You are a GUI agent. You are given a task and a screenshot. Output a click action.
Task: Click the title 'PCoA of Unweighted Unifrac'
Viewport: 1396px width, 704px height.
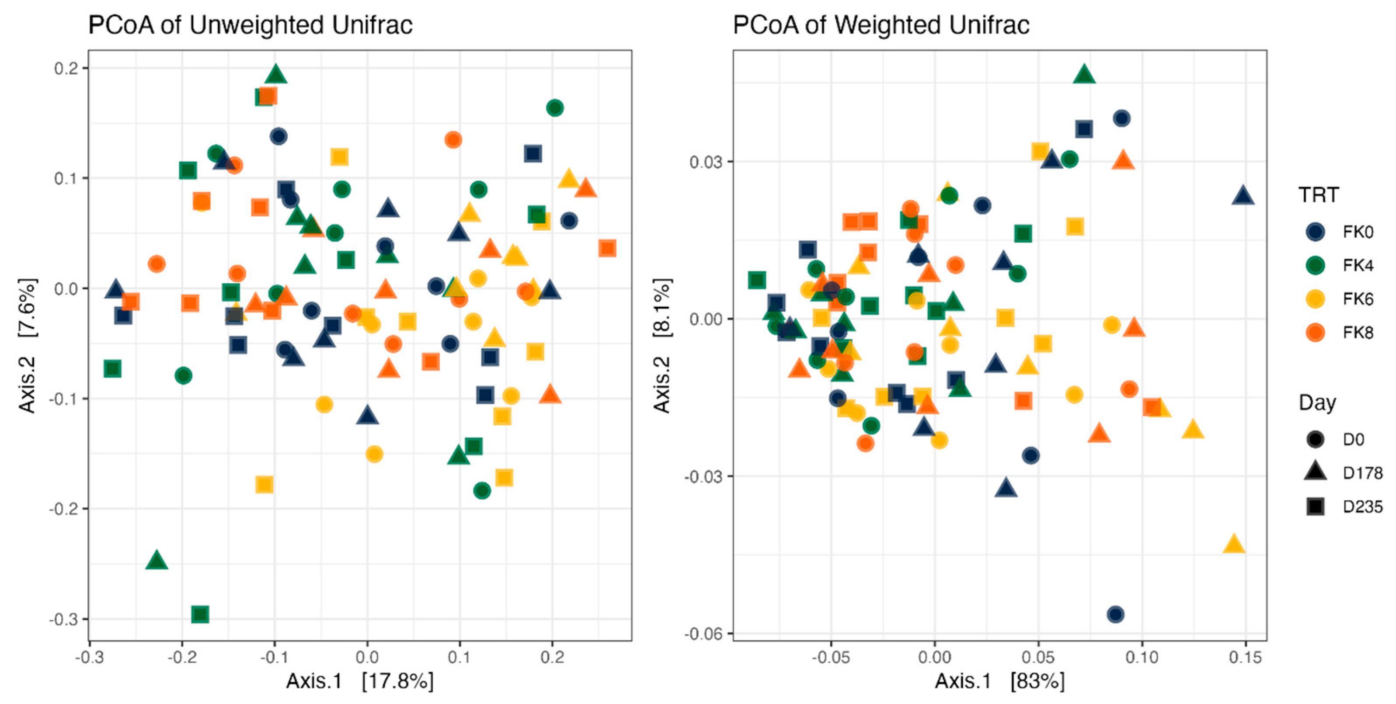click(x=251, y=25)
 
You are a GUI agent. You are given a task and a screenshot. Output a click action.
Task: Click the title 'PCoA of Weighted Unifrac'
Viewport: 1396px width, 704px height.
click(x=881, y=25)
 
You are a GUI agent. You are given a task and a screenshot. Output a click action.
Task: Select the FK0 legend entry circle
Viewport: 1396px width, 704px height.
click(x=1315, y=232)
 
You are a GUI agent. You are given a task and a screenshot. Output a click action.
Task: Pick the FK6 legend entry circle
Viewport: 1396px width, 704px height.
click(x=1315, y=298)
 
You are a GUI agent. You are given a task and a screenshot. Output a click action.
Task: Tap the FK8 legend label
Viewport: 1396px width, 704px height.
click(x=1358, y=332)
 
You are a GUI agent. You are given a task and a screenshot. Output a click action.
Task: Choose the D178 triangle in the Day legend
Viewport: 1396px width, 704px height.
click(x=1315, y=472)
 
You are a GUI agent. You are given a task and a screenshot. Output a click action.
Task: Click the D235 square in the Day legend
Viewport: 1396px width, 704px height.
click(x=1315, y=506)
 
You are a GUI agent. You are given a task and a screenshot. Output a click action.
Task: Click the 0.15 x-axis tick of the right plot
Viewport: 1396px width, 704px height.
click(x=1245, y=657)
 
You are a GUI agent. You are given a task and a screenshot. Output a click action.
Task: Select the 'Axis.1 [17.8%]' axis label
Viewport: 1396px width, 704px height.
click(x=360, y=681)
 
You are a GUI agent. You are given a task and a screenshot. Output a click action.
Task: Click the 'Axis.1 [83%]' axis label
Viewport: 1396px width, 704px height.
click(x=999, y=681)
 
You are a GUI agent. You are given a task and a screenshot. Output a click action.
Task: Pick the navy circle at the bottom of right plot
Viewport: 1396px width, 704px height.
click(x=1115, y=614)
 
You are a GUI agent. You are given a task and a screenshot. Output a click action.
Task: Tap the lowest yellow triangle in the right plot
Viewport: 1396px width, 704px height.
click(x=1233, y=544)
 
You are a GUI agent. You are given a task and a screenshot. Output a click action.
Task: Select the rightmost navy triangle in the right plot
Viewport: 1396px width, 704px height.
click(x=1243, y=195)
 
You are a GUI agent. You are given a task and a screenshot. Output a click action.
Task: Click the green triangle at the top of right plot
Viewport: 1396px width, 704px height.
click(x=1083, y=74)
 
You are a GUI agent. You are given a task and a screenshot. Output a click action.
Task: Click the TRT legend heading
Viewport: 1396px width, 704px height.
click(x=1318, y=195)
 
